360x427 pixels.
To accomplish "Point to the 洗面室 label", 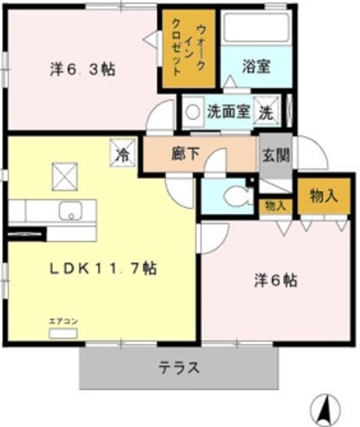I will point(228,111).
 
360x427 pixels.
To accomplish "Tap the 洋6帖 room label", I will point(275,280).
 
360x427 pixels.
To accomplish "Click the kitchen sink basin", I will point(68,211).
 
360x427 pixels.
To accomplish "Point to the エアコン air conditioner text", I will point(63,322).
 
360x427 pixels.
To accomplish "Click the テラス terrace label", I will point(178,368).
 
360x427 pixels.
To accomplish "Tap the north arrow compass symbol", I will point(326,406).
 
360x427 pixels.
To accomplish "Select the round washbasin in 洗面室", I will point(194,112).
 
